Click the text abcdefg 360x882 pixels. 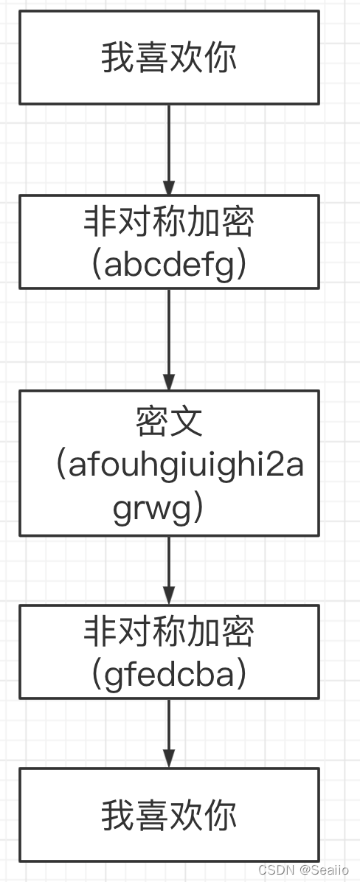coord(173,265)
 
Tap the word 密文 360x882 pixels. coord(169,422)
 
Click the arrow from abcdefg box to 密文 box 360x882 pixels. coord(169,339)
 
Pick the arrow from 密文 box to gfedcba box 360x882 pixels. coord(169,570)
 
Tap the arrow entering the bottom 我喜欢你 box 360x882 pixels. coord(169,733)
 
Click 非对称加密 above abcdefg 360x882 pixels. coord(169,222)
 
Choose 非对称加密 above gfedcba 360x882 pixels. coord(169,632)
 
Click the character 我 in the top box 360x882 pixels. coord(117,58)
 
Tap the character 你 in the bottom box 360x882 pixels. coord(221,815)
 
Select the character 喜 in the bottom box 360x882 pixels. coord(151,815)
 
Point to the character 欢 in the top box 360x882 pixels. coord(186,58)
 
